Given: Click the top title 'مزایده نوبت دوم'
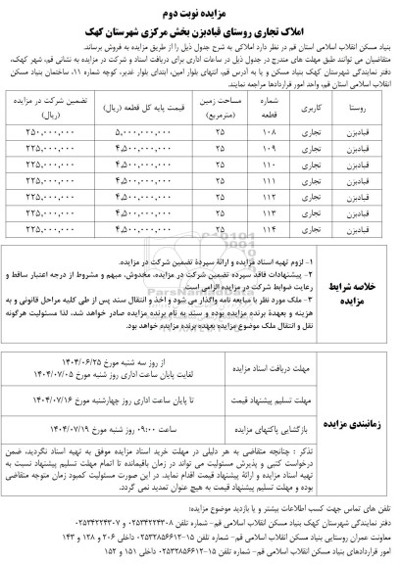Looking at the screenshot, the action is point(201,14).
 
